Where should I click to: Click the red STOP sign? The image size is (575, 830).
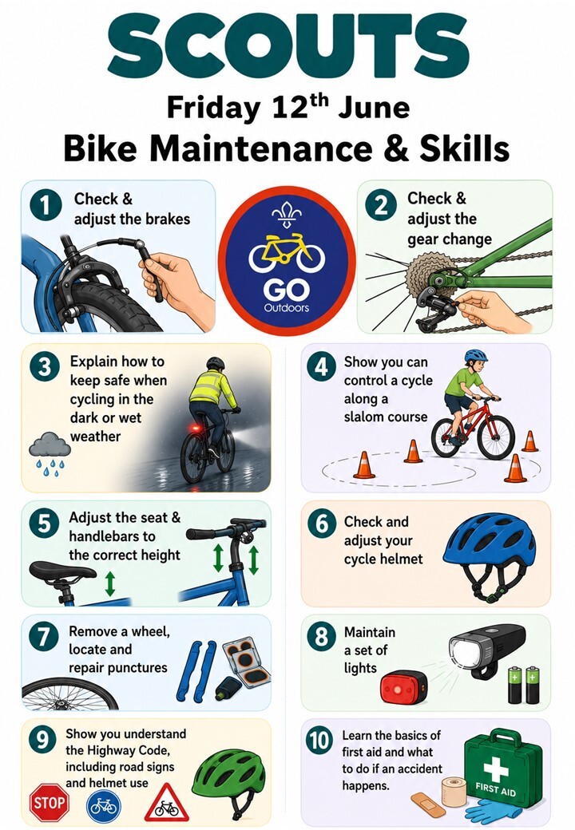pos(50,803)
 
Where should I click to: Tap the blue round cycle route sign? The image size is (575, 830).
pos(104,806)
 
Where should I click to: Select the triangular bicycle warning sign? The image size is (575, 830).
pos(167,804)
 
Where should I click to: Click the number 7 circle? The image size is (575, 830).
pos(44,637)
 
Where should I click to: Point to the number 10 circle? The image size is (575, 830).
pos(319,740)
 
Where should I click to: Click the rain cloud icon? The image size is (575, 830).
pos(50,453)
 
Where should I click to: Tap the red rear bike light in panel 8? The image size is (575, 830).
pos(403,687)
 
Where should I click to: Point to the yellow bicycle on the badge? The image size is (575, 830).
pos(287,254)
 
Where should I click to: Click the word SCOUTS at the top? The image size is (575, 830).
pos(287,46)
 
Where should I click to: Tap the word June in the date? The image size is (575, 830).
pos(374,108)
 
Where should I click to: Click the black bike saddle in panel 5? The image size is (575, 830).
pos(62,572)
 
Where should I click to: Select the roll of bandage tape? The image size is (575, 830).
pos(454,792)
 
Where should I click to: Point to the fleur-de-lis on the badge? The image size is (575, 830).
pos(287,214)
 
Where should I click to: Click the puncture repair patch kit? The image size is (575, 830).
pos(246,661)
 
